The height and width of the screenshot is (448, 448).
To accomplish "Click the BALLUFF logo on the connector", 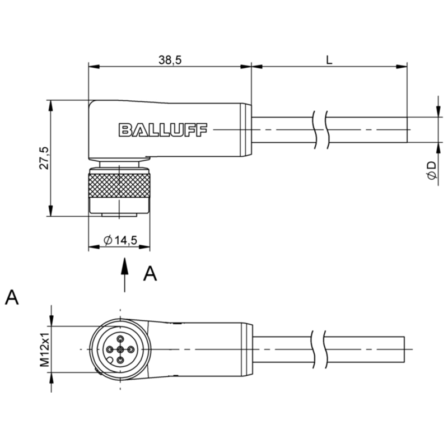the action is [x=163, y=130].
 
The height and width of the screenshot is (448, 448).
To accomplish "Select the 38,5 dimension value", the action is [x=170, y=60].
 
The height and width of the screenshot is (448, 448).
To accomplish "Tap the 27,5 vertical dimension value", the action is [x=45, y=158].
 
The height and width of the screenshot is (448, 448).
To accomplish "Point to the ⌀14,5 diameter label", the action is [x=120, y=240].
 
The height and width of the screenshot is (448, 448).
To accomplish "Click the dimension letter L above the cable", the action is [x=329, y=60].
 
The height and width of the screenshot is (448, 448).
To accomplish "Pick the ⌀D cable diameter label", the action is [x=432, y=171].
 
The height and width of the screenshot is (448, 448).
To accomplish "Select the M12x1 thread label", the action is [x=45, y=349].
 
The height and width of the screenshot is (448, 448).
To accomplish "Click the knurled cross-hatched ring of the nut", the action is [x=119, y=185].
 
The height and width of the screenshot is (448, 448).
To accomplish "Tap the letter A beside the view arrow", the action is [x=150, y=273].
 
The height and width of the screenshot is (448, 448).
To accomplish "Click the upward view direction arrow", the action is [x=124, y=274].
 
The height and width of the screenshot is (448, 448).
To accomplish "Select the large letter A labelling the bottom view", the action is [x=12, y=297].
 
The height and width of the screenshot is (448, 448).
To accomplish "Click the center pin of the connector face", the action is [x=120, y=349].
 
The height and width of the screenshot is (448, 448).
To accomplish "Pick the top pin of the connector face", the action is [x=120, y=339].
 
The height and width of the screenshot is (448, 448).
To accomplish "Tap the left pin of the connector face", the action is [x=109, y=349].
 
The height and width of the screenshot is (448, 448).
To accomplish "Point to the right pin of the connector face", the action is [x=131, y=349].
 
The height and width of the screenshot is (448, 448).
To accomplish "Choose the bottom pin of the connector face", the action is [x=120, y=360].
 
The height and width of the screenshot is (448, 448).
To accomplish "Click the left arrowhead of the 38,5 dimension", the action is [x=94, y=67].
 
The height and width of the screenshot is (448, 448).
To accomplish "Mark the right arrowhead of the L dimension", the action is [x=402, y=67].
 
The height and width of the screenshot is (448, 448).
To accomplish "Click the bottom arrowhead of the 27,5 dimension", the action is [x=50, y=211].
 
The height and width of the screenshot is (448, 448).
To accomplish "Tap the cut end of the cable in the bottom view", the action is [x=404, y=349].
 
